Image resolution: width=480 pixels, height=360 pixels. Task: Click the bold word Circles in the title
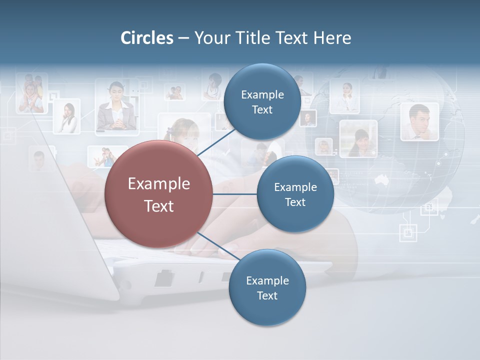coord(147,38)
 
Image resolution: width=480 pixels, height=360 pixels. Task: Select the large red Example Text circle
coord(159,194)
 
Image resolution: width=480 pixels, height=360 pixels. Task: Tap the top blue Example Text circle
coord(262,102)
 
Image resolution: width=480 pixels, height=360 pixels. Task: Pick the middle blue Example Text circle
coord(295,194)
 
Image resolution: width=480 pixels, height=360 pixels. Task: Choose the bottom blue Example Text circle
coord(267,288)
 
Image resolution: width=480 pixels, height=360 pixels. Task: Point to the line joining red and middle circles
coord(235,194)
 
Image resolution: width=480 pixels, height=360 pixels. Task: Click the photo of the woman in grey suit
coord(116,107)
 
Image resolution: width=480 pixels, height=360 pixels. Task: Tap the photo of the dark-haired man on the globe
coord(419,121)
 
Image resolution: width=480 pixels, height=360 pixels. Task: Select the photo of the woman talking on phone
coord(67,116)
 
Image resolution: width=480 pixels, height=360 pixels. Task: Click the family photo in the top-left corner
coord(31,93)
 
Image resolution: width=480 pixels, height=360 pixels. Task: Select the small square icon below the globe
coord(408,232)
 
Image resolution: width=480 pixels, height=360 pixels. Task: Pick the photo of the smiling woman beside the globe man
coord(358,138)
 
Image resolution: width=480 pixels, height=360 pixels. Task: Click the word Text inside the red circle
coord(159,206)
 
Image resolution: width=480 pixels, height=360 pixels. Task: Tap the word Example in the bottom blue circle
coord(267,281)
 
